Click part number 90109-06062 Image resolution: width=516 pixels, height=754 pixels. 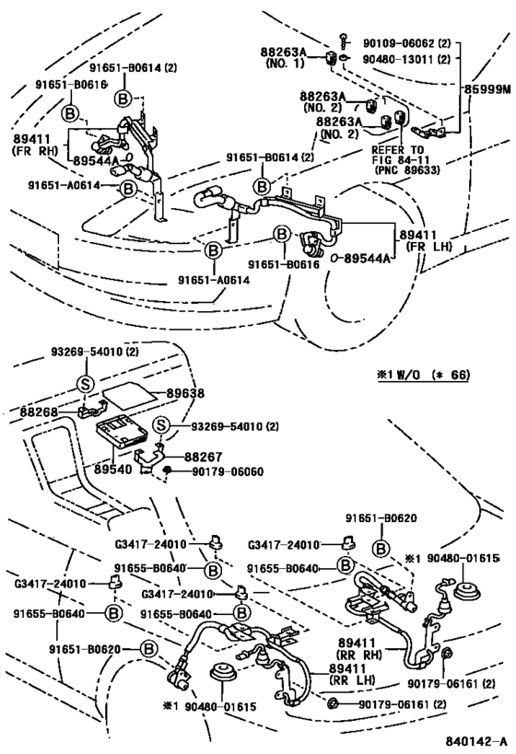click(x=399, y=43)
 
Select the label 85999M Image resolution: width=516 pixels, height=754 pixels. click(x=487, y=89)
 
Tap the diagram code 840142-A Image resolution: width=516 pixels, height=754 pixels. click(x=475, y=740)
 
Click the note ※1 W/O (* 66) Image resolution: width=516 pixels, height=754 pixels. click(x=423, y=375)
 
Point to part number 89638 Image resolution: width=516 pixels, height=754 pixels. click(x=185, y=393)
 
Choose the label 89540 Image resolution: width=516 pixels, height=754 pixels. click(x=113, y=469)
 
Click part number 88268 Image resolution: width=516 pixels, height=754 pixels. click(x=39, y=412)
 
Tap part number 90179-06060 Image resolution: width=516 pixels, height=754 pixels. click(x=228, y=471)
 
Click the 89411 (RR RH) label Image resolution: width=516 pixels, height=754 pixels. click(x=359, y=648)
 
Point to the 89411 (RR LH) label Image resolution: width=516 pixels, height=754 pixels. click(x=353, y=674)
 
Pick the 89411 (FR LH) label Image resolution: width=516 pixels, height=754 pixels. click(x=426, y=240)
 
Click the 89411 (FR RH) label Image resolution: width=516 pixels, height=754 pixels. click(x=33, y=145)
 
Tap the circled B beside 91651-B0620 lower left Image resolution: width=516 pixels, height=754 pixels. click(x=148, y=649)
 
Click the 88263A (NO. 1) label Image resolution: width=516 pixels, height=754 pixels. click(x=284, y=57)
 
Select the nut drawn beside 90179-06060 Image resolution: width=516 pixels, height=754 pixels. click(x=168, y=470)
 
